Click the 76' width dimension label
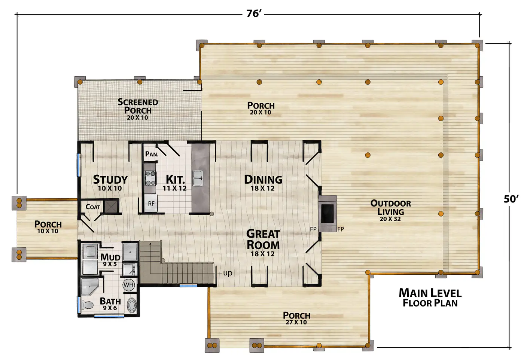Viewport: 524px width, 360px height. click(x=254, y=14)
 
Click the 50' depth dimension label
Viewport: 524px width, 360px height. click(x=511, y=199)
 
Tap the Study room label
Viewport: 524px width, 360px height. click(x=110, y=180)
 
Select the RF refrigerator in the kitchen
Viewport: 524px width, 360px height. click(x=150, y=203)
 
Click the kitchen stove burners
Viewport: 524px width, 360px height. click(x=150, y=178)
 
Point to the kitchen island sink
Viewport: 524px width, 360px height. click(x=198, y=178)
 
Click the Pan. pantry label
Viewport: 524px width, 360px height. click(x=152, y=154)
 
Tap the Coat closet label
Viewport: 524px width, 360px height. click(x=93, y=207)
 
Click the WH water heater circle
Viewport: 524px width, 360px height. click(x=129, y=285)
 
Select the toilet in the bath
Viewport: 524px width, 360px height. click(x=87, y=305)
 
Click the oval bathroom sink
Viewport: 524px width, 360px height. click(x=132, y=305)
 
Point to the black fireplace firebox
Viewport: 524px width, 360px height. click(x=327, y=214)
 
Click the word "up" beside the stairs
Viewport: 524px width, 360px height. click(x=228, y=273)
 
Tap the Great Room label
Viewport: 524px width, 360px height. click(x=263, y=240)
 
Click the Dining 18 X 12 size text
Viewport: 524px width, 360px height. click(x=263, y=188)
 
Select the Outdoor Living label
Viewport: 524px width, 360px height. click(x=391, y=207)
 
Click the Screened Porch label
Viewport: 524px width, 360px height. click(x=138, y=106)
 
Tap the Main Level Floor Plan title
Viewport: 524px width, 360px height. click(x=430, y=298)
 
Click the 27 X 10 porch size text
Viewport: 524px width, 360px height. click(x=296, y=322)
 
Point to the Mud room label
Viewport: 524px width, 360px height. click(x=110, y=257)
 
